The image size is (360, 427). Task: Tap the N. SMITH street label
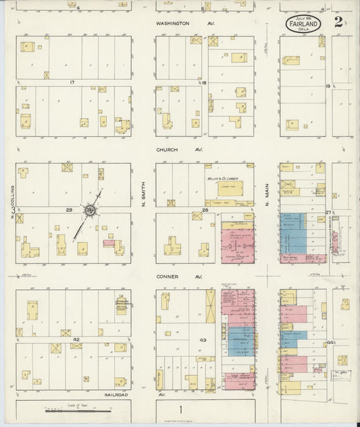(x=143, y=197)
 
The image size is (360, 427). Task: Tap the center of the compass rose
(x=88, y=211)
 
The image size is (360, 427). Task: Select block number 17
(x=71, y=82)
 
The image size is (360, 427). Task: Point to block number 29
(x=68, y=210)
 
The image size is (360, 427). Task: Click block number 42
(x=76, y=339)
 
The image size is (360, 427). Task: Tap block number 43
(x=202, y=339)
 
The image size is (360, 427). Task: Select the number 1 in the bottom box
(x=180, y=409)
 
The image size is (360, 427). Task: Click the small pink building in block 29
(x=108, y=243)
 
